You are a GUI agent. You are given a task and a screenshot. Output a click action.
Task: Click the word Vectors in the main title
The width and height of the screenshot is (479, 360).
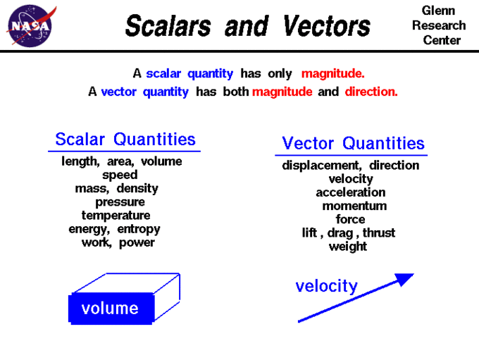point(326,27)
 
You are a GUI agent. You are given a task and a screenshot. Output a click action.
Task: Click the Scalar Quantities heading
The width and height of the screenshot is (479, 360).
point(125,139)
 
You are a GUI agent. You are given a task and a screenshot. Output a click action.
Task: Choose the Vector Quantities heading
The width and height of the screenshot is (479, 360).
point(353,144)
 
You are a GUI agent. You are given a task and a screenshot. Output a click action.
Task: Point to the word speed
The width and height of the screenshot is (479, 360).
point(120,175)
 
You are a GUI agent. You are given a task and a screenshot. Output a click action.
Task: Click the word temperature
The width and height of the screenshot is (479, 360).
point(116,215)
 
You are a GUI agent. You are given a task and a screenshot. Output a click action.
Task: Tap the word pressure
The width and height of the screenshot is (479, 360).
point(120,201)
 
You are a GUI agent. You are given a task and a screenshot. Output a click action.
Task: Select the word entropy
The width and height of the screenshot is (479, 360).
point(139,229)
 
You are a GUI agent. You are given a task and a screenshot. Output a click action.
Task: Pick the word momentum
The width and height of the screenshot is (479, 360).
point(354,206)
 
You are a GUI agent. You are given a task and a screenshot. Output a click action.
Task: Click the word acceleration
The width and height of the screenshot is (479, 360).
point(350,192)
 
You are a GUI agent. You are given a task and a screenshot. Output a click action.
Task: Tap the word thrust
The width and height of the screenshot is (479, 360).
point(379,232)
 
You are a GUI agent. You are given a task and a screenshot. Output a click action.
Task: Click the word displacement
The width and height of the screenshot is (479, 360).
point(321,166)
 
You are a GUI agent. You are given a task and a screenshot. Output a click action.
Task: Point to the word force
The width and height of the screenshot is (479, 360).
point(350,219)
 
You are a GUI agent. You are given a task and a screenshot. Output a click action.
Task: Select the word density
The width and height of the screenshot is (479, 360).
point(137,188)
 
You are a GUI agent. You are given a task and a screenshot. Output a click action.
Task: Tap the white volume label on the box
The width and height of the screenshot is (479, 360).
point(110,309)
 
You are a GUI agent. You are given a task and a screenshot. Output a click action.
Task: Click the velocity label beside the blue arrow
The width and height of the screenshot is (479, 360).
point(326,286)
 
